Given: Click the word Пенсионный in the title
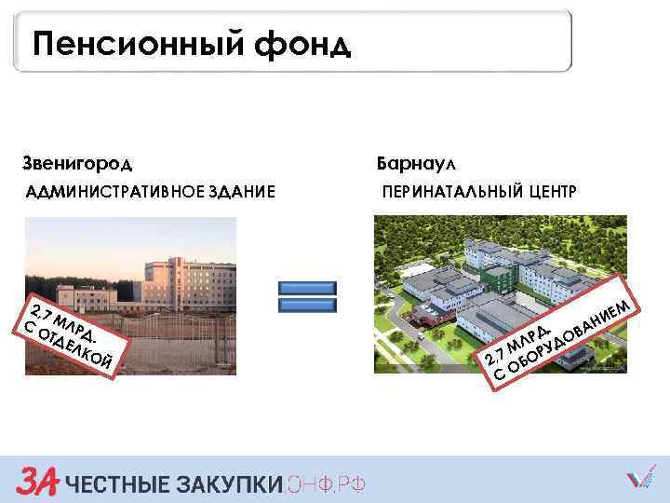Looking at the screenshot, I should coord(140,43).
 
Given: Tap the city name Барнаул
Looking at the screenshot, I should coord(416,164).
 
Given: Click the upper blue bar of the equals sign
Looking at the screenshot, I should coord(307,290).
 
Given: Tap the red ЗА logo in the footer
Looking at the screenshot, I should coord(37,481).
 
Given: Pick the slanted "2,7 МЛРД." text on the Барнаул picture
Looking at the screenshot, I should coord(521,342).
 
